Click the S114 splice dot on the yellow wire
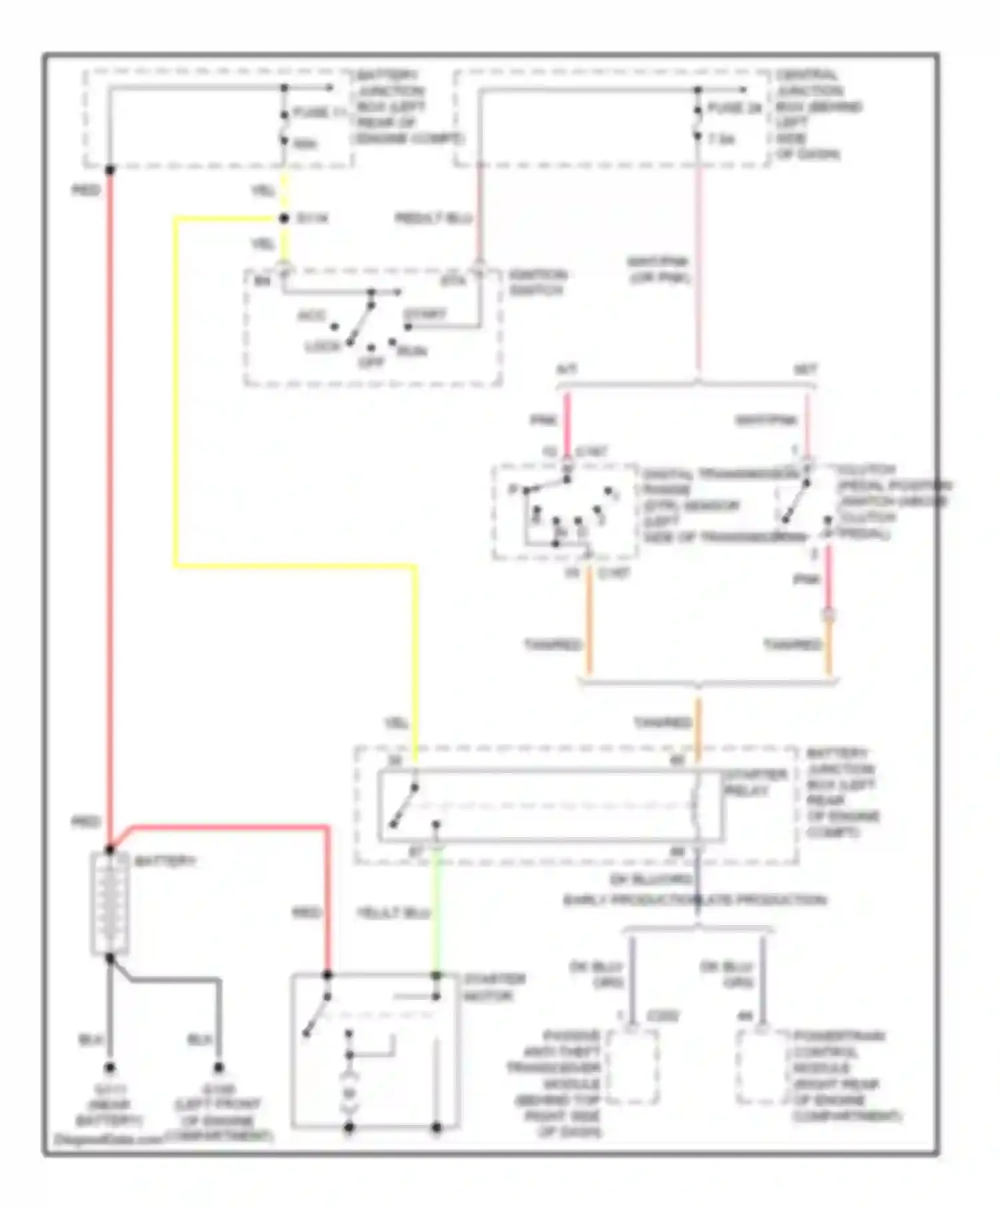[284, 219]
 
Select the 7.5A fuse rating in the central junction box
[721, 140]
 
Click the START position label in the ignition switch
[425, 313]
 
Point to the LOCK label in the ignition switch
[323, 347]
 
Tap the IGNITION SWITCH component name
[537, 283]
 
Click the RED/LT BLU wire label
[433, 219]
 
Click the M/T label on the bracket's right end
[805, 369]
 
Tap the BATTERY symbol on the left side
[109, 904]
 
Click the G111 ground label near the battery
[109, 1103]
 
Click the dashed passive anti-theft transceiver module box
[633, 1067]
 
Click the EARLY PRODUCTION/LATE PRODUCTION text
[695, 900]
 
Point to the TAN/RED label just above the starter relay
[663, 723]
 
